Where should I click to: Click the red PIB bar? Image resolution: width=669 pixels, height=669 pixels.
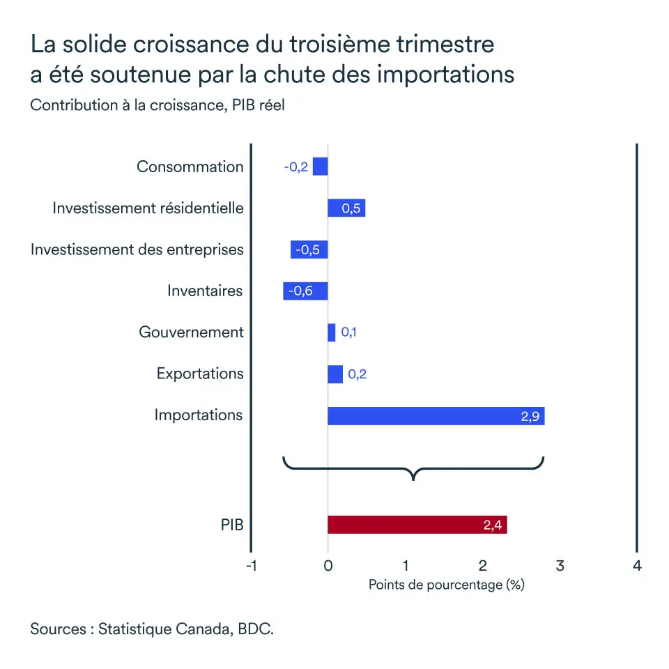click(x=417, y=525)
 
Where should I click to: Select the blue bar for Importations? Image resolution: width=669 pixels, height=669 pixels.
click(x=436, y=416)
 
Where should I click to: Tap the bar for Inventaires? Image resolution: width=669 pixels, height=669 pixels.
click(x=305, y=291)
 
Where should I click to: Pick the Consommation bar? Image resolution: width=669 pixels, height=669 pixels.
click(x=320, y=167)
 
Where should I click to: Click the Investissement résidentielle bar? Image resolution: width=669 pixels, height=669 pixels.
click(x=346, y=208)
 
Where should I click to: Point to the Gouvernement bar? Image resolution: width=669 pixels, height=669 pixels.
click(x=332, y=332)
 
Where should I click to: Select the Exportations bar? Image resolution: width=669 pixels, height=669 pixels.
click(x=335, y=374)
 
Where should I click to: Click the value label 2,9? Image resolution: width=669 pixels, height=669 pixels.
click(x=530, y=417)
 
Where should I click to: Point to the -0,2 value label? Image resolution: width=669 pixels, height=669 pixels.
click(x=295, y=167)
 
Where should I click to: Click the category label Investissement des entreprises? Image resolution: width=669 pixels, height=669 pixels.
click(x=137, y=249)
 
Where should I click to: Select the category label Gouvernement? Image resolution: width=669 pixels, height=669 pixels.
click(x=192, y=332)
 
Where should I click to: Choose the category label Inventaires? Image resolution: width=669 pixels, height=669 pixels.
click(x=205, y=291)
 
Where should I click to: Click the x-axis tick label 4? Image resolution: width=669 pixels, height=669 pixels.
click(x=636, y=565)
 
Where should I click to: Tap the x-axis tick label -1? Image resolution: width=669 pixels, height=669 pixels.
click(x=252, y=565)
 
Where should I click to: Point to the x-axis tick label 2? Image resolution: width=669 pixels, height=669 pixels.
click(x=482, y=565)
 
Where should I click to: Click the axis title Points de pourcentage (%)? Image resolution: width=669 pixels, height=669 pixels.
click(x=446, y=585)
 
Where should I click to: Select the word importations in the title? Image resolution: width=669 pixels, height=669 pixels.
click(x=445, y=75)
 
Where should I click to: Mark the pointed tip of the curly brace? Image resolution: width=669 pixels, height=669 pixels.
click(x=414, y=479)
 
